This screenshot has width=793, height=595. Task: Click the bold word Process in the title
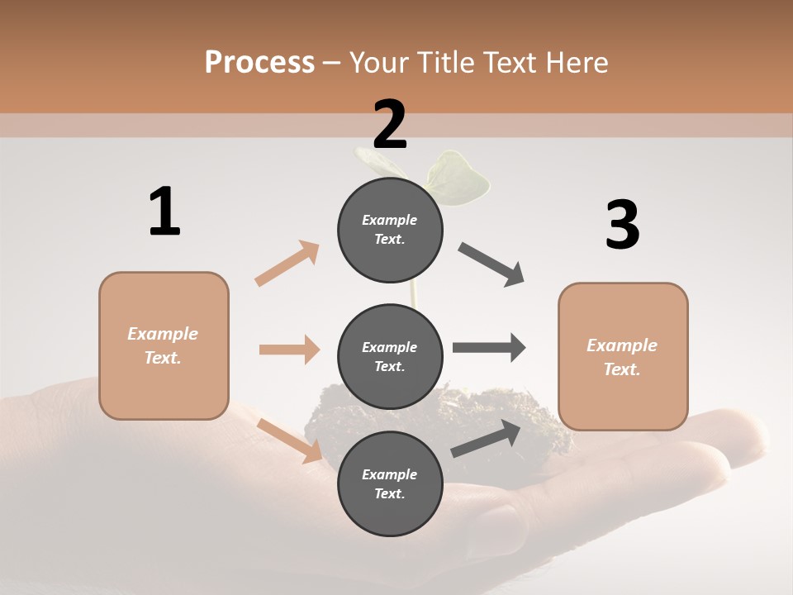(259, 62)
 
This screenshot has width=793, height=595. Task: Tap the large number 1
(164, 212)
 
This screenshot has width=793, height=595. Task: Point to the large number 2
(390, 125)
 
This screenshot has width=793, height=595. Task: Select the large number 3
(622, 225)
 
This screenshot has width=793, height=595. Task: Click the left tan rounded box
(164, 345)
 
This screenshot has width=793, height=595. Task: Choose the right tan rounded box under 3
(623, 356)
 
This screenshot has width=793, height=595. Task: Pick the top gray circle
(390, 230)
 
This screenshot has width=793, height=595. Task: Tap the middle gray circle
(390, 356)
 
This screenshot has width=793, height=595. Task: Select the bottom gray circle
(390, 483)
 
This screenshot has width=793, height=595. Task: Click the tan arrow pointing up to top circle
(287, 263)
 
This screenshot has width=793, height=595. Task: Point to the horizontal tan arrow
(289, 350)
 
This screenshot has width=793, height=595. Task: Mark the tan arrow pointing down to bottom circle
(289, 440)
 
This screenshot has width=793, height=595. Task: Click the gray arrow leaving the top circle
(491, 264)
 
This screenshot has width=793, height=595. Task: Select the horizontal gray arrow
(488, 348)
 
